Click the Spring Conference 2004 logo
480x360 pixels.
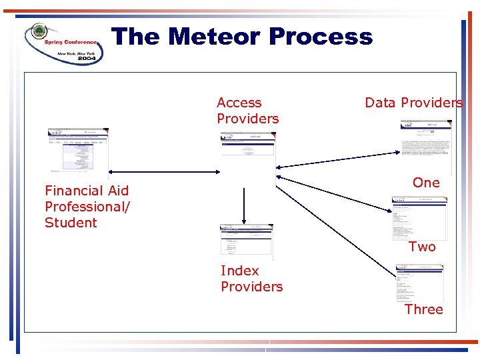pyautogui.click(x=64, y=43)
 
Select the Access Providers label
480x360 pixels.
pyautogui.click(x=247, y=111)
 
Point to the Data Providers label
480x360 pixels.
pyautogui.click(x=413, y=103)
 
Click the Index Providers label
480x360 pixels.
pyautogui.click(x=251, y=279)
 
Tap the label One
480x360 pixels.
pyautogui.click(x=426, y=183)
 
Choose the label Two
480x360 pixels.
pyautogui.click(x=422, y=247)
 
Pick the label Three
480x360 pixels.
pyautogui.click(x=423, y=309)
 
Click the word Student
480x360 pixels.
pyautogui.click(x=71, y=223)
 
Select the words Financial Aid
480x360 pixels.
pyautogui.click(x=87, y=191)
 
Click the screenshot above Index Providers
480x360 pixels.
pyautogui.click(x=246, y=241)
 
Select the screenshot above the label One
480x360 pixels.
pyautogui.click(x=426, y=146)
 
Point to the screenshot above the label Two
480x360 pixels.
pyautogui.click(x=419, y=218)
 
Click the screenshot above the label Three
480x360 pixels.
pyautogui.click(x=420, y=283)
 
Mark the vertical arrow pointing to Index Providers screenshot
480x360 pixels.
pyautogui.click(x=244, y=205)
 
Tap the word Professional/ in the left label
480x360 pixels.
pyautogui.click(x=87, y=207)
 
